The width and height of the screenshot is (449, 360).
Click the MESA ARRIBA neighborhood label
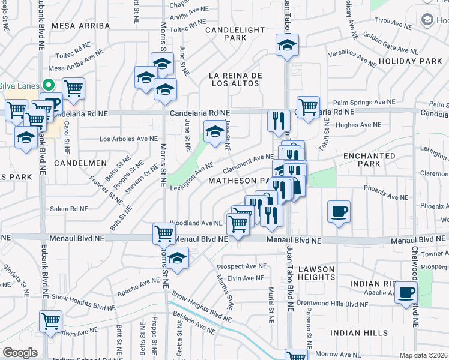pos(81,26)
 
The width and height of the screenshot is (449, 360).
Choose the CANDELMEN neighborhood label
pos(80,163)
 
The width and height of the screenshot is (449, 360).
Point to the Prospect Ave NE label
pos(241,266)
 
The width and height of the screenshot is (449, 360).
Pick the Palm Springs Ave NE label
pos(364,103)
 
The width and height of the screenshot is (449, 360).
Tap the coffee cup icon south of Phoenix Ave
pos(339,211)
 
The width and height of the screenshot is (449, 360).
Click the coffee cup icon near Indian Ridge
pos(406,293)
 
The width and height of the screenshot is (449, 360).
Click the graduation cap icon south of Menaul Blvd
pos(176,259)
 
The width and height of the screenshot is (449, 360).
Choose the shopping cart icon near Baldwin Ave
pos(50,321)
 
